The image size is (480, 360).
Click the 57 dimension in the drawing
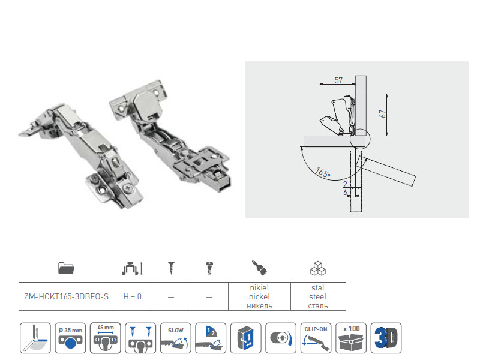tap(338, 80)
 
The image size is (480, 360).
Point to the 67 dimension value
tap(382, 114)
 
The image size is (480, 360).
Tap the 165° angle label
tap(323, 173)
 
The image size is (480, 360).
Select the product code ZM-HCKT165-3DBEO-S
tap(66, 296)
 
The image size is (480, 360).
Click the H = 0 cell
tap(132, 296)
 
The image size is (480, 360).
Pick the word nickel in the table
tap(259, 296)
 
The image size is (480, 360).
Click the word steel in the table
tap(318, 296)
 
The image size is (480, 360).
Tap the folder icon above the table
tap(66, 268)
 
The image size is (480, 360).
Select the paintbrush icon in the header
tap(259, 268)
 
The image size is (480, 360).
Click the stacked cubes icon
tap(318, 268)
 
